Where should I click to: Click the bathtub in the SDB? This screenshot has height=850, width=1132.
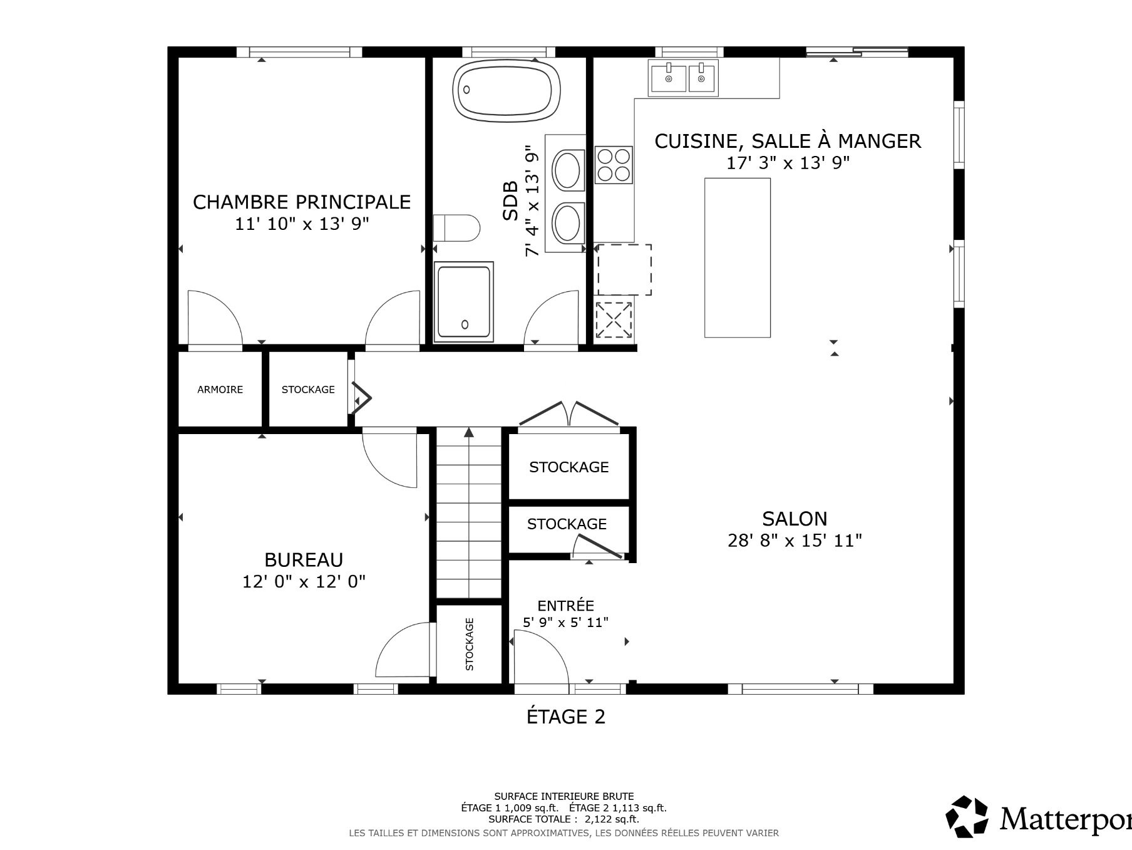506,90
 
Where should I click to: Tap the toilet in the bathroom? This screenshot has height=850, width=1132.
456,228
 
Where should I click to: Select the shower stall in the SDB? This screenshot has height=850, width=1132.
464,302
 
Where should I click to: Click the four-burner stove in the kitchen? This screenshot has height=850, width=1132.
614,165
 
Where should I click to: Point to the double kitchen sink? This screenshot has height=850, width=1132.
683,78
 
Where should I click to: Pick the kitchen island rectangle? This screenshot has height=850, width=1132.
738,257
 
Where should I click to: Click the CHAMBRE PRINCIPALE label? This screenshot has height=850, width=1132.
302,202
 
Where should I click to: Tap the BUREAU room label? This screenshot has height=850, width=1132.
304,559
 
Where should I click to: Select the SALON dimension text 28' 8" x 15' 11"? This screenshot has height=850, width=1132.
795,540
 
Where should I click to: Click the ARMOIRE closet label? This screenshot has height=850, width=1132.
220,390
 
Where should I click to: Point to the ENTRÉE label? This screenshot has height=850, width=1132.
565,606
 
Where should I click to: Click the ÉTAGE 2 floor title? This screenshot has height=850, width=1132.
566,716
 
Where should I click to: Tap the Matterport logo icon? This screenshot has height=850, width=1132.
967,817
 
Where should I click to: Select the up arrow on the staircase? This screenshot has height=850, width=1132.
469,432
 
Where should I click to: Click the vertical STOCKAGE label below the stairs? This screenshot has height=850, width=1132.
470,644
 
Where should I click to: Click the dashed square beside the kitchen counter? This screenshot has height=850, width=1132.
624,270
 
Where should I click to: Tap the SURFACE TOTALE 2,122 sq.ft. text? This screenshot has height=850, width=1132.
563,819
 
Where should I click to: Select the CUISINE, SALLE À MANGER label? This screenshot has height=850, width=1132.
788,141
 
